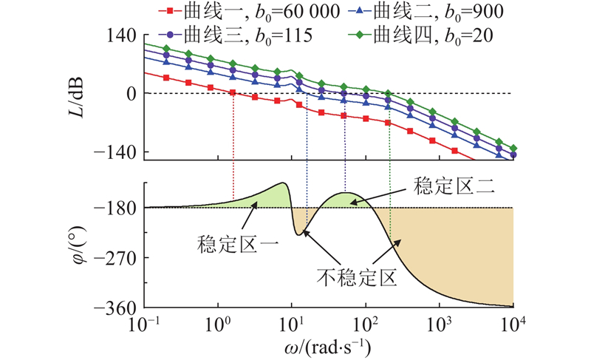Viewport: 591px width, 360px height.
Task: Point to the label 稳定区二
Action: (x=448, y=186)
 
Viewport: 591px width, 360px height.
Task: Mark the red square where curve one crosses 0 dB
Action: (x=233, y=92)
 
